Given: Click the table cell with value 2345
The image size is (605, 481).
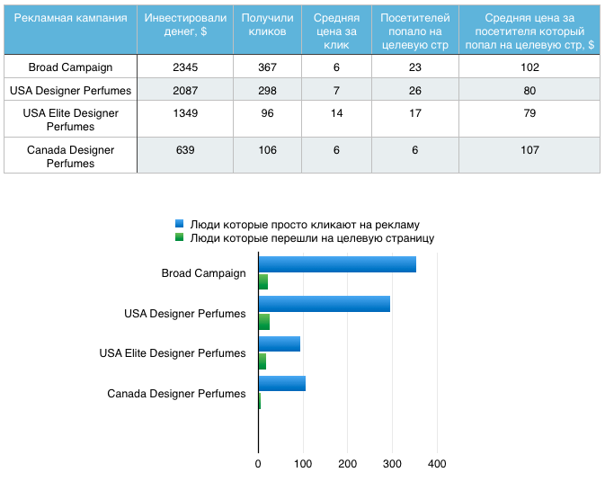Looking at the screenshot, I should (x=184, y=67).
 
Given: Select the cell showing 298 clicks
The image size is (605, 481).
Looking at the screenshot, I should (x=267, y=90).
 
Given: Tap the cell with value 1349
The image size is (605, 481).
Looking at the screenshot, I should (x=184, y=113).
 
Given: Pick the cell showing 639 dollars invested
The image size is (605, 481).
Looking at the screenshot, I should (x=184, y=150).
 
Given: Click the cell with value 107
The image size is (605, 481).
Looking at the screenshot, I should (x=529, y=150).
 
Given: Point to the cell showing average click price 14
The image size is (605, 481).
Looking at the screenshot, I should (x=336, y=113).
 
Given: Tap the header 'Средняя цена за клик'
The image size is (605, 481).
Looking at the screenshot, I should (x=336, y=31).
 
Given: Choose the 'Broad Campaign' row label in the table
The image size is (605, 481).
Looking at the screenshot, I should (x=71, y=67).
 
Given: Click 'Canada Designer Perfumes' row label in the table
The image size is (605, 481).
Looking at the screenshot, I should (x=71, y=156).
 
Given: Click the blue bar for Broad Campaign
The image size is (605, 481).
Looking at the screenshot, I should (x=337, y=264).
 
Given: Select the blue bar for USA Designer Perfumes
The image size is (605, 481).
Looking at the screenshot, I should (x=324, y=304).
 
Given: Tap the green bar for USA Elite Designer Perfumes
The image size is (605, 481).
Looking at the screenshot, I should (x=262, y=361).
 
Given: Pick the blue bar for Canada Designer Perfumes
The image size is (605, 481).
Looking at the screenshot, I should (x=281, y=384).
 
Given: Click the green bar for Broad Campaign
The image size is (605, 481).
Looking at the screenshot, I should (x=263, y=282).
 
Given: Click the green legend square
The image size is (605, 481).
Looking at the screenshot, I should (x=179, y=238).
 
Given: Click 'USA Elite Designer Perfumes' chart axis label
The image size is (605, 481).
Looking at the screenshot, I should (x=173, y=353).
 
